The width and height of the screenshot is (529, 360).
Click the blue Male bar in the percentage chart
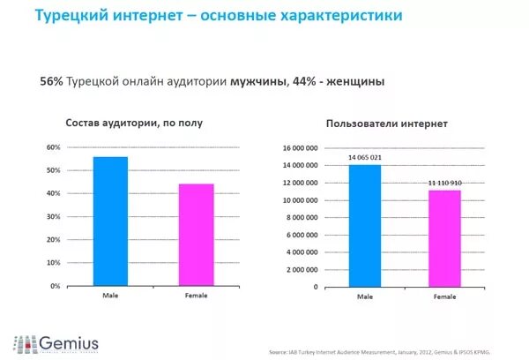(x=110, y=221)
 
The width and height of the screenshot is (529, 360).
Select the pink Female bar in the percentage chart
(x=197, y=235)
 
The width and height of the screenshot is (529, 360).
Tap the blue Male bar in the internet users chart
(x=364, y=226)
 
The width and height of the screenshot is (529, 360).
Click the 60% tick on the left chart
(x=53, y=146)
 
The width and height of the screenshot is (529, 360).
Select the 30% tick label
(x=53, y=216)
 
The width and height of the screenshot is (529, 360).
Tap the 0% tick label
(x=55, y=286)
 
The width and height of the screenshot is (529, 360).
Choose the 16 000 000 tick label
(x=298, y=148)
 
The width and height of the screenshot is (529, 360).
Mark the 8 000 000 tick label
(x=300, y=218)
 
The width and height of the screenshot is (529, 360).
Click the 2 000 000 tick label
(x=300, y=270)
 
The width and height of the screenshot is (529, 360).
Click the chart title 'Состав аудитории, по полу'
(x=134, y=123)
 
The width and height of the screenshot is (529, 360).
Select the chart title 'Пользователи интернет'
(x=386, y=124)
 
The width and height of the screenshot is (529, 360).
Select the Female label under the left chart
(x=197, y=295)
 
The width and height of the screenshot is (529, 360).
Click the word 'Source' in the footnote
(x=281, y=348)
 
